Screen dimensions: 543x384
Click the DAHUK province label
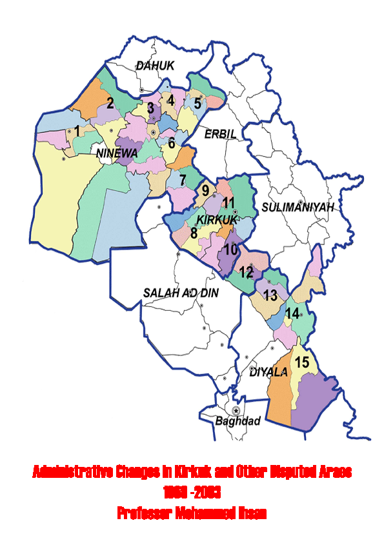point(155,65)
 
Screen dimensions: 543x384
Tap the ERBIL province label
point(220,133)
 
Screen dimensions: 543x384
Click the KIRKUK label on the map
point(214,220)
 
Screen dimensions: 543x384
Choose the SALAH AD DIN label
point(181,293)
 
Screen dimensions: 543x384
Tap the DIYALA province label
point(267,372)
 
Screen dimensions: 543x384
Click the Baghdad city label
point(237,421)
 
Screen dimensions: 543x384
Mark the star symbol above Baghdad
point(237,410)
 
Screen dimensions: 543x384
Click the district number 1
point(77,131)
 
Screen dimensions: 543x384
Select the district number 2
point(110,103)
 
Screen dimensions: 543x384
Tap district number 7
point(183,179)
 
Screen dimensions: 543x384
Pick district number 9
point(205,190)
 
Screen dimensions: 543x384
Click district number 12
point(246,271)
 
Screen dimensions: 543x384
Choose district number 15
point(301,362)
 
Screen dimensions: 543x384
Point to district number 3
point(150,108)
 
